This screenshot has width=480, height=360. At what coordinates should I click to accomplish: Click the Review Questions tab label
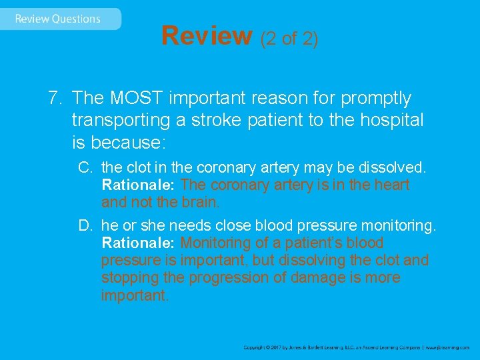tap(57, 19)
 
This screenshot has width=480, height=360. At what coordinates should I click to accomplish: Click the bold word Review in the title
tap(206, 36)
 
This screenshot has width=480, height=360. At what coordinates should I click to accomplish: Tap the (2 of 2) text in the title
tap(289, 38)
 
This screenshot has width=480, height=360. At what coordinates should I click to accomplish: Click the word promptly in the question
tap(375, 99)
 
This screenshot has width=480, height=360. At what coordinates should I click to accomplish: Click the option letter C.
tap(85, 167)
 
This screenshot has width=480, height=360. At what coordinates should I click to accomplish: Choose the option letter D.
tap(85, 226)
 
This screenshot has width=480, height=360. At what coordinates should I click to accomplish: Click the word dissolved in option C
tap(399, 167)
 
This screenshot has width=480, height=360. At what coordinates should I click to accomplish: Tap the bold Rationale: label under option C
tap(139, 185)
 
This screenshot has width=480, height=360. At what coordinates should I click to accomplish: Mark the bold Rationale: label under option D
tap(139, 243)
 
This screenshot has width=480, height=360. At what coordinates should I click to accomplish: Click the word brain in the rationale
tap(199, 202)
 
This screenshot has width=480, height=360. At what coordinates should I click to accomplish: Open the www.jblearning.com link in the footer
tap(447, 347)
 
